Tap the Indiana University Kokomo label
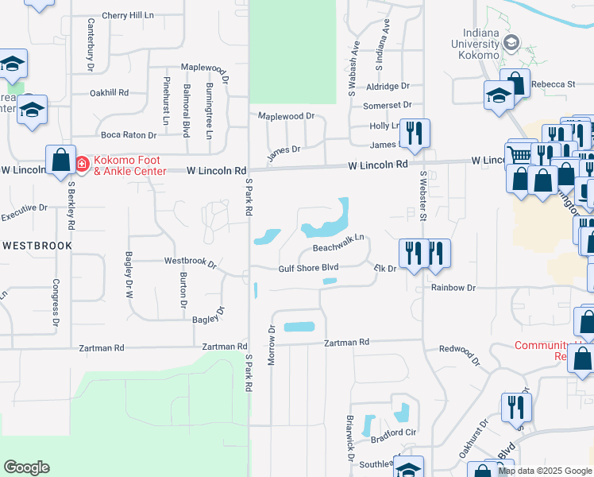click(x=477, y=44)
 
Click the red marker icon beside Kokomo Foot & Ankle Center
click(x=82, y=165)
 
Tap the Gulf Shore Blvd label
click(x=308, y=269)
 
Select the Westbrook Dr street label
click(x=190, y=261)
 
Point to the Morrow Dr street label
click(x=271, y=346)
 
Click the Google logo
click(x=26, y=467)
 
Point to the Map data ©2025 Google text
click(x=544, y=471)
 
